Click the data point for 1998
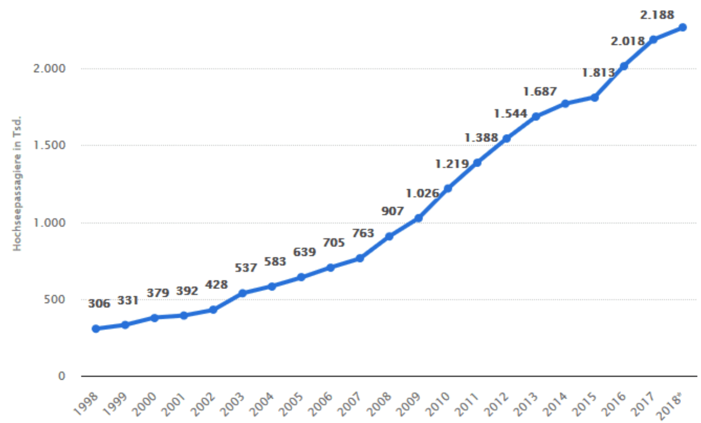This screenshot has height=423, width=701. point(96,328)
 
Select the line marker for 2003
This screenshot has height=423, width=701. point(242,293)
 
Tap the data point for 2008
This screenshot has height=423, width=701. point(389,236)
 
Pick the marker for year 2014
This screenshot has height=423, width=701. point(565,103)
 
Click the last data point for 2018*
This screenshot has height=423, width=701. point(683,27)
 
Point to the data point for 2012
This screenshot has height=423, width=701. point(506,138)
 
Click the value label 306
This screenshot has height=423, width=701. point(99,304)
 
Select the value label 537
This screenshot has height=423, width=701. point(246,268)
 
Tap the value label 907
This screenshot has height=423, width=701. point(392,211)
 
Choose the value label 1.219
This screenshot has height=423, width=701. point(452,164)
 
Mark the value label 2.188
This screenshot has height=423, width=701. point(657,15)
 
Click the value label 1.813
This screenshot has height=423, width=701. point(598,73)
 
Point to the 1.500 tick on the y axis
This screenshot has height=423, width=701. point(49,145)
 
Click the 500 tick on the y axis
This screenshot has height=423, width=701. point(55,299)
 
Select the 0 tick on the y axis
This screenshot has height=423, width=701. point(61,376)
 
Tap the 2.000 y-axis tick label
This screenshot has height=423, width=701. point(49,68)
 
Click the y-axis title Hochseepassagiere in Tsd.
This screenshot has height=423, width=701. point(18,183)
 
